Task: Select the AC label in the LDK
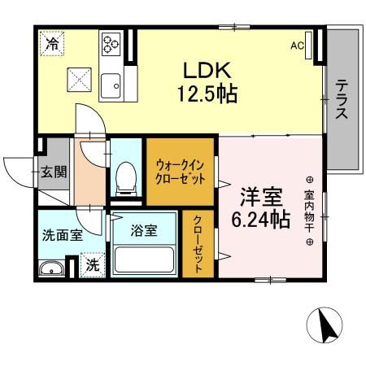point(297,46)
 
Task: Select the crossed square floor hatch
point(81,80)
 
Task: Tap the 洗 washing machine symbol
point(92,264)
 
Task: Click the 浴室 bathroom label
point(146,230)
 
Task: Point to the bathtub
point(146,259)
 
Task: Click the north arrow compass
point(325,329)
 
